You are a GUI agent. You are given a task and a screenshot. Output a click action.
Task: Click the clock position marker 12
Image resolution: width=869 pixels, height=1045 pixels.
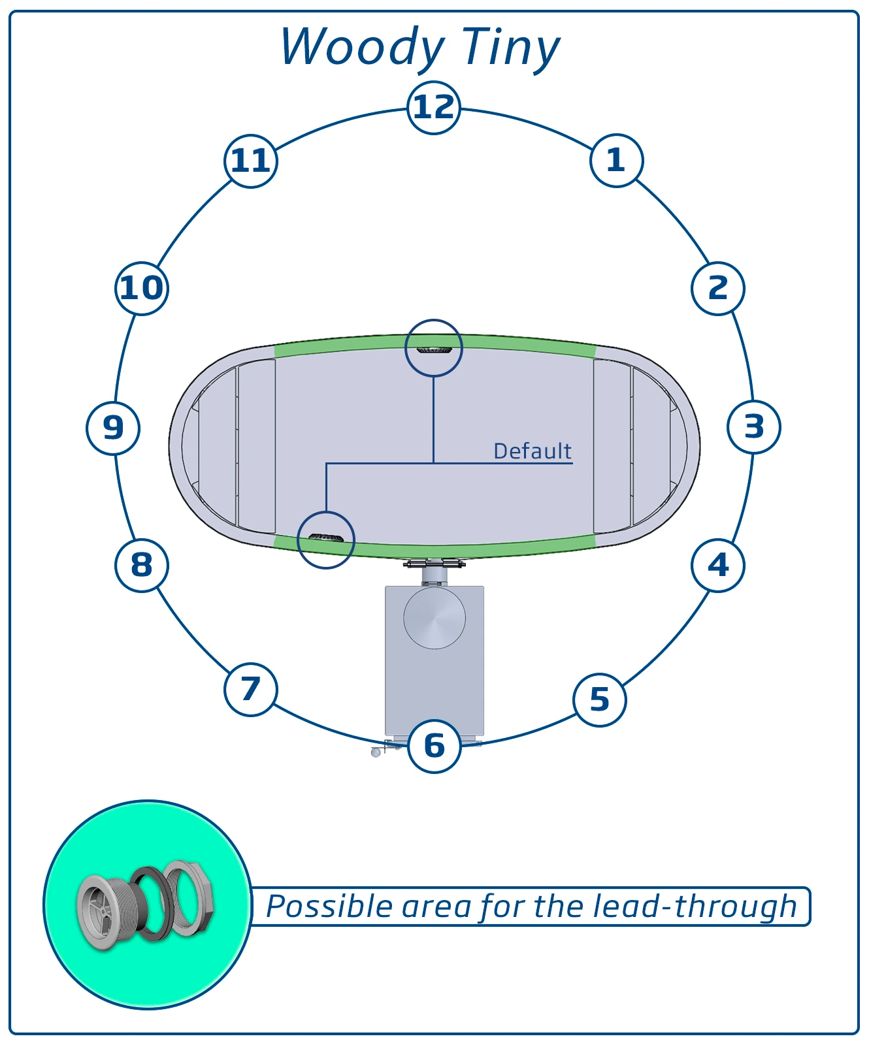tap(434, 108)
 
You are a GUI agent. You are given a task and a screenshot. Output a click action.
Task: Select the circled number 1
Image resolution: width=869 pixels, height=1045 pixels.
tap(616, 161)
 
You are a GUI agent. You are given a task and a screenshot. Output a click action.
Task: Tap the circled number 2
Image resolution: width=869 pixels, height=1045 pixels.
tap(718, 288)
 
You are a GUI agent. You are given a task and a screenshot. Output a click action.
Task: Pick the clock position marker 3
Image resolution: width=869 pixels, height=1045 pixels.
tap(754, 427)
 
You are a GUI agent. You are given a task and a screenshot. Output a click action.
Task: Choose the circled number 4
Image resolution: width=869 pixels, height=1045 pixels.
tap(718, 566)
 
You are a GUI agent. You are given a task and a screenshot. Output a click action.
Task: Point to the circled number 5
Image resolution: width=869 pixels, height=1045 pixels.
tap(600, 700)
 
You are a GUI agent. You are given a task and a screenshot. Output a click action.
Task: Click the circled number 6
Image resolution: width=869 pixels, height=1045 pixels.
tap(434, 746)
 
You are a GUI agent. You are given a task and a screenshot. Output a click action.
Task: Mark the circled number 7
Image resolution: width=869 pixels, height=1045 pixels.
tap(251, 689)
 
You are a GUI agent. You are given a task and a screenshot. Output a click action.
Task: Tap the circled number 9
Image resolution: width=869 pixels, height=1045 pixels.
tap(113, 428)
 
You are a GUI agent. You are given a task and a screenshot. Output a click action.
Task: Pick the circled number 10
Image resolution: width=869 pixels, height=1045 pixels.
tap(142, 288)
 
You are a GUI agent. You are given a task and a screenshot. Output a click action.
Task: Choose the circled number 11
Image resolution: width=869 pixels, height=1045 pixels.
tap(251, 161)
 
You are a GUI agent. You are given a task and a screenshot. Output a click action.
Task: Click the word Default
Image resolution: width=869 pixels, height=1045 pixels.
tap(532, 451)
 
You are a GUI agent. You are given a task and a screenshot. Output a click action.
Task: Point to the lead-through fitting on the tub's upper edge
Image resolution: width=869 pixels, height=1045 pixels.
tap(434, 350)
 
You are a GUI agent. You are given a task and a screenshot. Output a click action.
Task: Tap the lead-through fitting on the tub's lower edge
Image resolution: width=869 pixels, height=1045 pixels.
tap(326, 538)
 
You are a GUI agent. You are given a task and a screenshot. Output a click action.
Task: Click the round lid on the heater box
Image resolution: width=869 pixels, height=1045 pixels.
tap(434, 617)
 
